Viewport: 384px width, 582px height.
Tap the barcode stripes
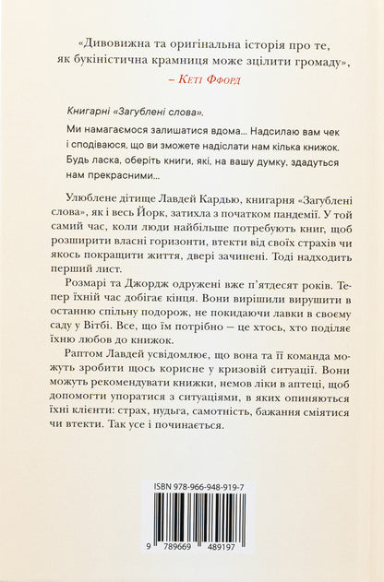tap(194, 539)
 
